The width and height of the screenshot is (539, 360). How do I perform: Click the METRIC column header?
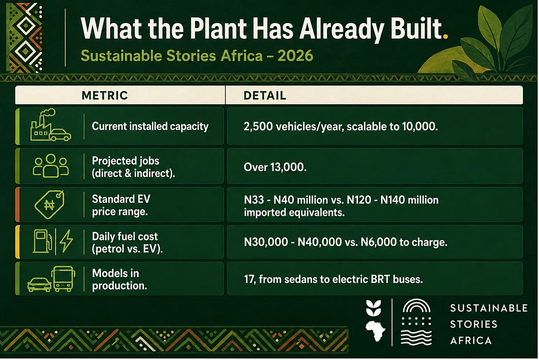(105, 95)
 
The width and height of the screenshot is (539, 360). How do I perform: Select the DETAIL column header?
(265, 95)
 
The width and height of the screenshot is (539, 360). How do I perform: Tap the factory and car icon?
(51, 125)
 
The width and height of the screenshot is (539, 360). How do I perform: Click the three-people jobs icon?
(51, 166)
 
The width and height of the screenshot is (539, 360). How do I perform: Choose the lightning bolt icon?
(66, 241)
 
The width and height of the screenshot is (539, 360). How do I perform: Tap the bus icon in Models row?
(63, 279)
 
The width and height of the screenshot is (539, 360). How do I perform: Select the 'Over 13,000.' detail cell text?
(275, 167)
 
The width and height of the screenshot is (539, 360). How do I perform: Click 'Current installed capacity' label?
(150, 126)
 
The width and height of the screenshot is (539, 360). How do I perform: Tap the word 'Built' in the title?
(417, 28)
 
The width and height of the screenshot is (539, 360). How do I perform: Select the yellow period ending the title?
(445, 36)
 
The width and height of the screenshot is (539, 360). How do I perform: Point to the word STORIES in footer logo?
(474, 325)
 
